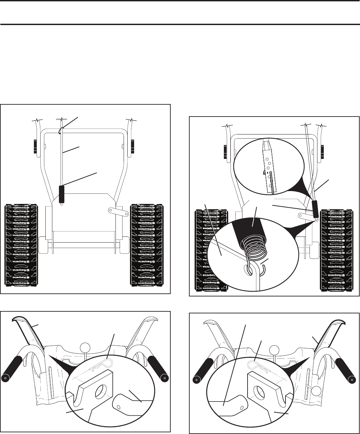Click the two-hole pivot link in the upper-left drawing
pyautogui.click(x=114, y=210)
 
